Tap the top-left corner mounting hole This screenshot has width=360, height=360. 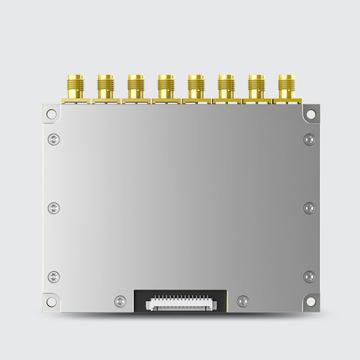50,113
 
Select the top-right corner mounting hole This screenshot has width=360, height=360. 310,113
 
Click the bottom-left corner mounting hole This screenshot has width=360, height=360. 50,302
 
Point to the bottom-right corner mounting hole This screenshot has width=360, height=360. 310,302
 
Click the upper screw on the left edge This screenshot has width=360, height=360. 53,139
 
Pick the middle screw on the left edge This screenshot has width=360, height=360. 53,208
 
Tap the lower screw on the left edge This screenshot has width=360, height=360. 53,276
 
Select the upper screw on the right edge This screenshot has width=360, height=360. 309,139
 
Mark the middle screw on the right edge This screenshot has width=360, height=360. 309,208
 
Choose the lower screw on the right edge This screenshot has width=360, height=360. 309,276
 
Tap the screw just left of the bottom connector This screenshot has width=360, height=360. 119,300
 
